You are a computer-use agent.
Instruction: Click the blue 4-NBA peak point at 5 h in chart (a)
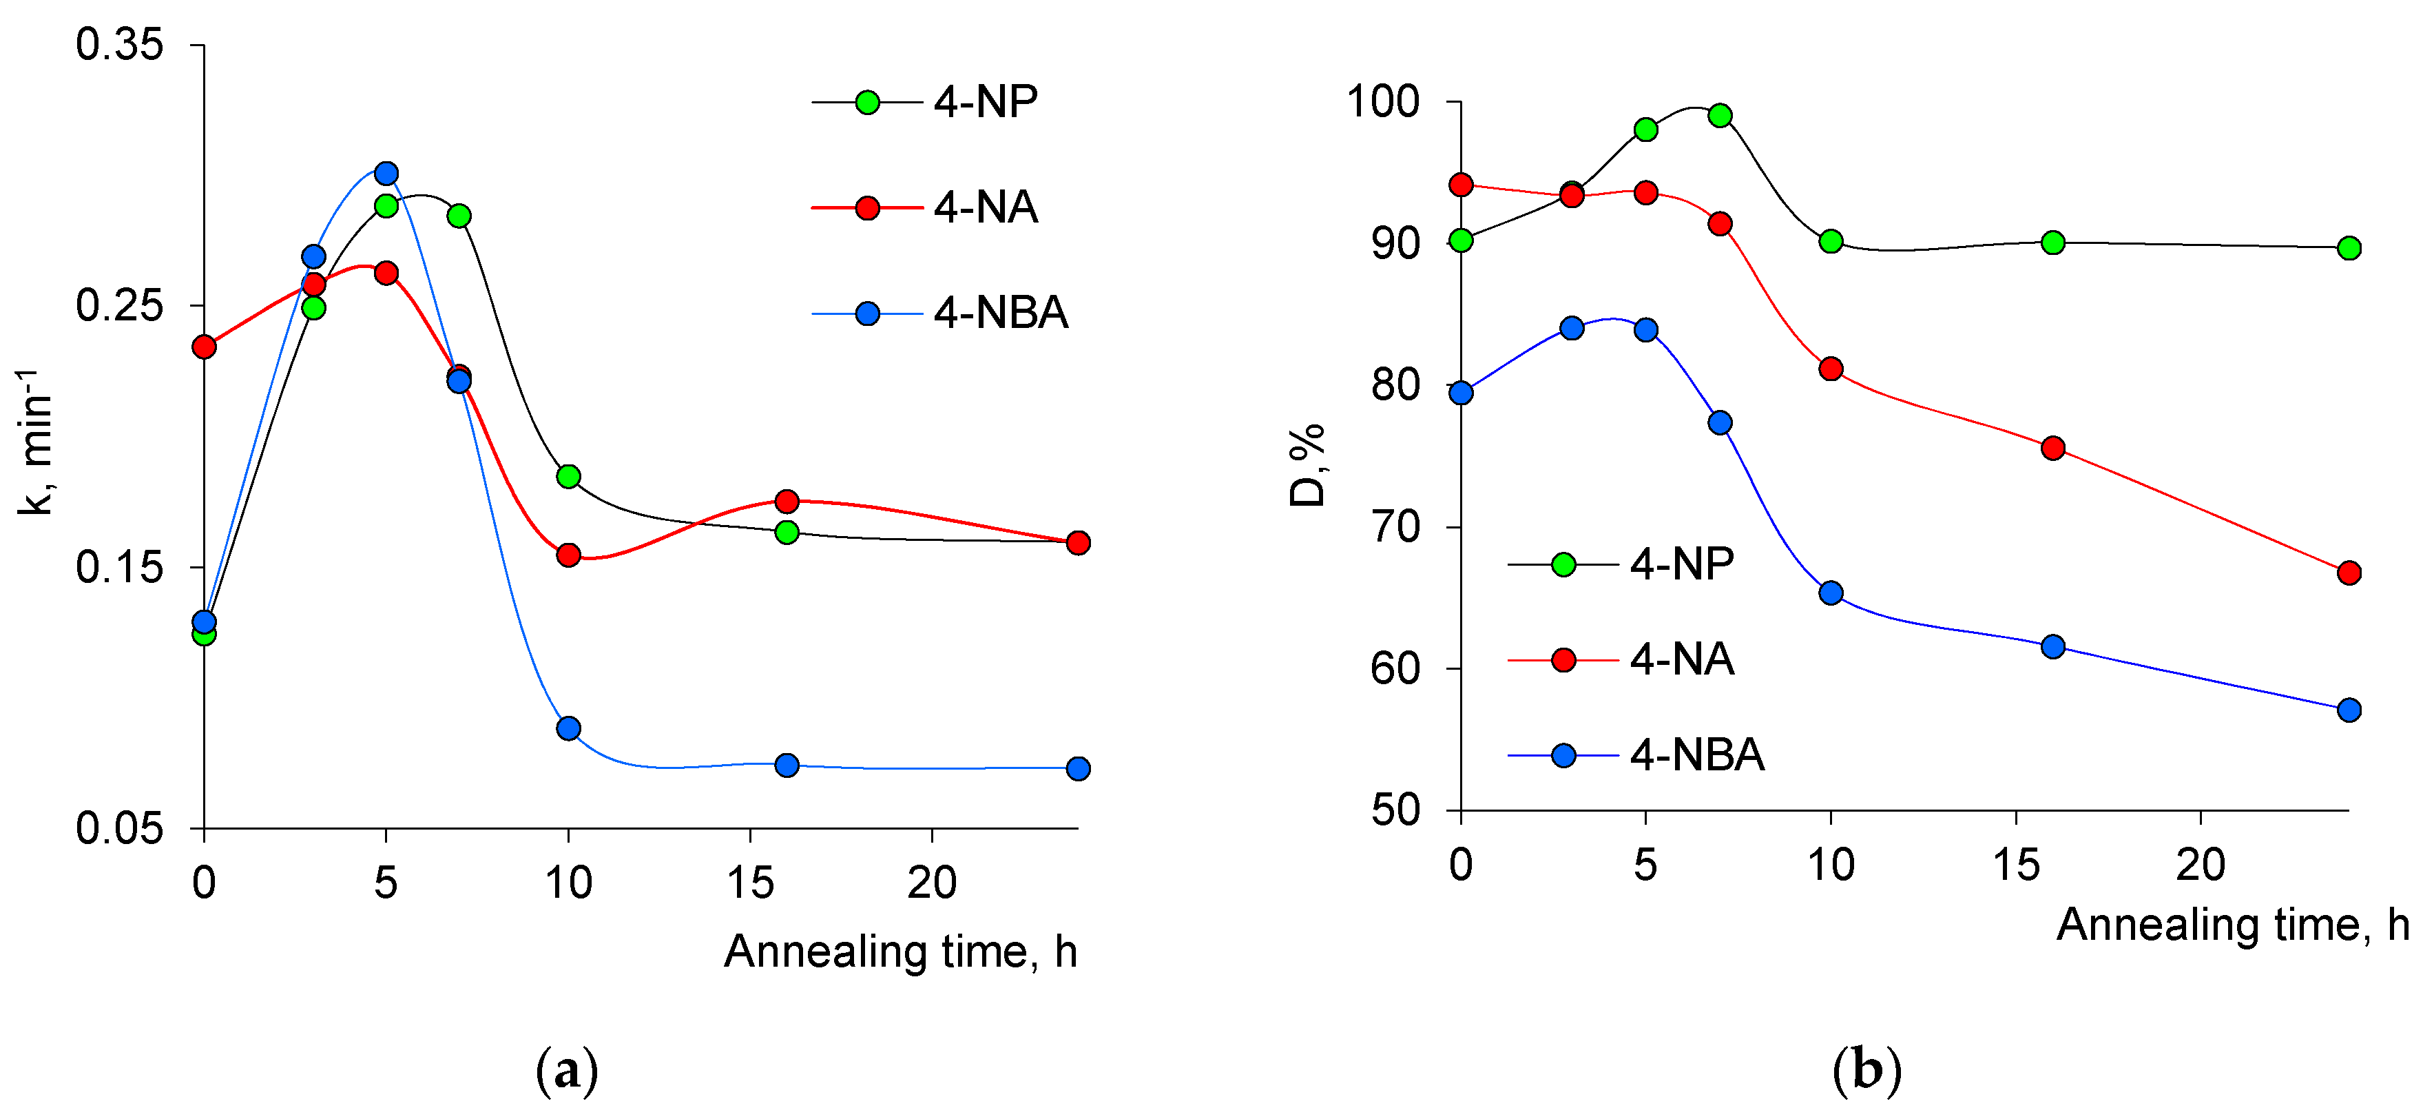[x=386, y=173]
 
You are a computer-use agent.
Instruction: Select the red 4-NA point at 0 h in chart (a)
[x=204, y=347]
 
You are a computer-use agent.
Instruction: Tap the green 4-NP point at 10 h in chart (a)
[x=568, y=476]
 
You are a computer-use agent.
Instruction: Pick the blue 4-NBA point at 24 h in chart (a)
[x=1078, y=768]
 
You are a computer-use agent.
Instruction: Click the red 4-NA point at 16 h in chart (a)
[x=787, y=500]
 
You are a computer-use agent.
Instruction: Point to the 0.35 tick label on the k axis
[x=119, y=45]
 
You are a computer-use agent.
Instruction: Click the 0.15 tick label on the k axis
[x=119, y=567]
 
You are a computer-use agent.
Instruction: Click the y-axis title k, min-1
[x=36, y=442]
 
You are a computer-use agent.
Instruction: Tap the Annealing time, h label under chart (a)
[x=900, y=951]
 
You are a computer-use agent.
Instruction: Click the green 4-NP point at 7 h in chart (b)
[x=1719, y=116]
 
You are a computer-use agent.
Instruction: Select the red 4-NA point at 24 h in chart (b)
[x=2349, y=572]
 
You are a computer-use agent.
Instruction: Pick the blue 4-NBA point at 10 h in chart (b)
[x=1831, y=593]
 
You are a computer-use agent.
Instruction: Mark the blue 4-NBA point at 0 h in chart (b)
[x=1461, y=392]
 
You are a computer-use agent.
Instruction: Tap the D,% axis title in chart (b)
[x=1307, y=466]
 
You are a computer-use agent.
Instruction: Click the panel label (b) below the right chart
[x=1866, y=1071]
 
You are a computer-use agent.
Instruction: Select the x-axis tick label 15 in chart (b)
[x=2016, y=863]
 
